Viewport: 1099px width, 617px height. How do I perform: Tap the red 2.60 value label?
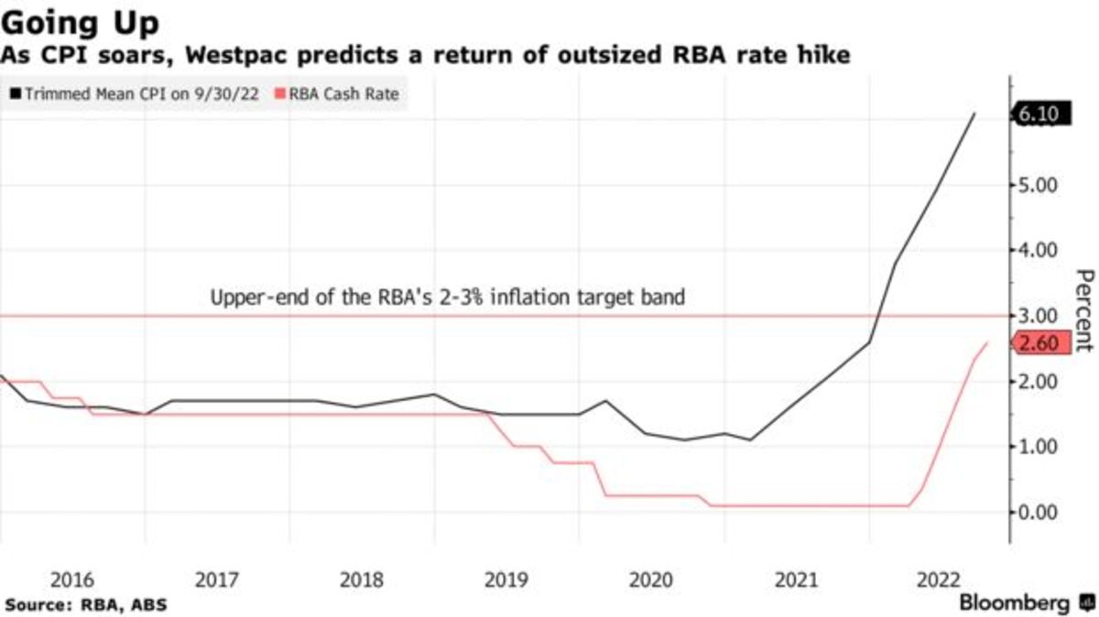(x=1038, y=343)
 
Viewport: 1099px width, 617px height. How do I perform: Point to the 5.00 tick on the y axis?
(x=1039, y=185)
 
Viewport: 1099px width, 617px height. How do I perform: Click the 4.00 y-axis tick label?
(x=1039, y=250)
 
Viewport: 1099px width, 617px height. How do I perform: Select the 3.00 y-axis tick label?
(x=1039, y=316)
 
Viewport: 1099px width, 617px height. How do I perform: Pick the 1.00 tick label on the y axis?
(x=1039, y=447)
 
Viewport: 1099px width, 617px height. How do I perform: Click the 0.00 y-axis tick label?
(x=1039, y=512)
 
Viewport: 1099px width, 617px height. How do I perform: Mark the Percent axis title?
(x=1083, y=311)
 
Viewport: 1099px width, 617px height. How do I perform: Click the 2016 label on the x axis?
(x=72, y=579)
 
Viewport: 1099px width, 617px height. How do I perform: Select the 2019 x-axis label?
(x=506, y=579)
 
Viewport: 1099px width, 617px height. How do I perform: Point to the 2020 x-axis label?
(x=651, y=579)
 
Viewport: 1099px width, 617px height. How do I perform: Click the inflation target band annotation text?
(x=448, y=298)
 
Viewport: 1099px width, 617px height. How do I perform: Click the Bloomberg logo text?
(x=1014, y=603)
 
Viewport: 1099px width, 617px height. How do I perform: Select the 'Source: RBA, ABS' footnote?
(x=86, y=604)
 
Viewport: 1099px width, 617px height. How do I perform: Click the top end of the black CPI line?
(x=974, y=114)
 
